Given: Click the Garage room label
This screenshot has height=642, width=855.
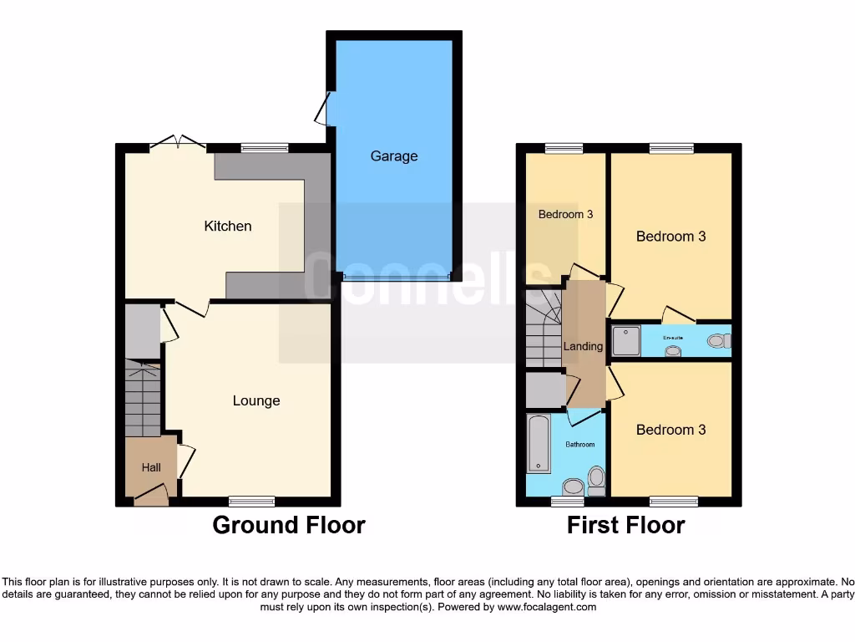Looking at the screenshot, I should point(394,156).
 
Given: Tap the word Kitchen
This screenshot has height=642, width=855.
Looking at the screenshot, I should point(228,226).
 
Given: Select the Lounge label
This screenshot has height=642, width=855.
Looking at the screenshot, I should point(256,400).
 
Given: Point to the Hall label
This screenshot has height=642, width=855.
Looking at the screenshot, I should point(151,467).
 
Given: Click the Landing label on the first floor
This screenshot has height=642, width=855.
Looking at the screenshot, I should point(583,346).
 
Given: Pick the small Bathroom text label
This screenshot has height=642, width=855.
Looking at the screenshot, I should point(579,444).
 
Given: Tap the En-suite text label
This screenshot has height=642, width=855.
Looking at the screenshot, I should point(673,337).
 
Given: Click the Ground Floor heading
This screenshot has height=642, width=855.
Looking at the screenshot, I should point(288,525).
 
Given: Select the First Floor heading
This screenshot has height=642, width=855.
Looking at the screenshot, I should point(625,525).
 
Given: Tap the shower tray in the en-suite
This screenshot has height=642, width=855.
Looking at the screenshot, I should point(625,340).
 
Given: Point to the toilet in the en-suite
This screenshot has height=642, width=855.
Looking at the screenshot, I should point(718,340).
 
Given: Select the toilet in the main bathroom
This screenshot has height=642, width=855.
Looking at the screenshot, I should point(596,481).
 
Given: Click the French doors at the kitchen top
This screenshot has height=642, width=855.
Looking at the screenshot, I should point(177,143).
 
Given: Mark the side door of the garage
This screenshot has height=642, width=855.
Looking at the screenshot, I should point(322,109).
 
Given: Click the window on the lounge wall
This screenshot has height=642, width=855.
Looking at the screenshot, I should point(251,502).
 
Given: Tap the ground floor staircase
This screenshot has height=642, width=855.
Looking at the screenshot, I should point(143,400).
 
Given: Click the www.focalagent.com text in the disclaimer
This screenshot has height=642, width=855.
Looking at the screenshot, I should point(546,607).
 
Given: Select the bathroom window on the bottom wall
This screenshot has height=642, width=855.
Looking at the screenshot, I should point(568,502).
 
